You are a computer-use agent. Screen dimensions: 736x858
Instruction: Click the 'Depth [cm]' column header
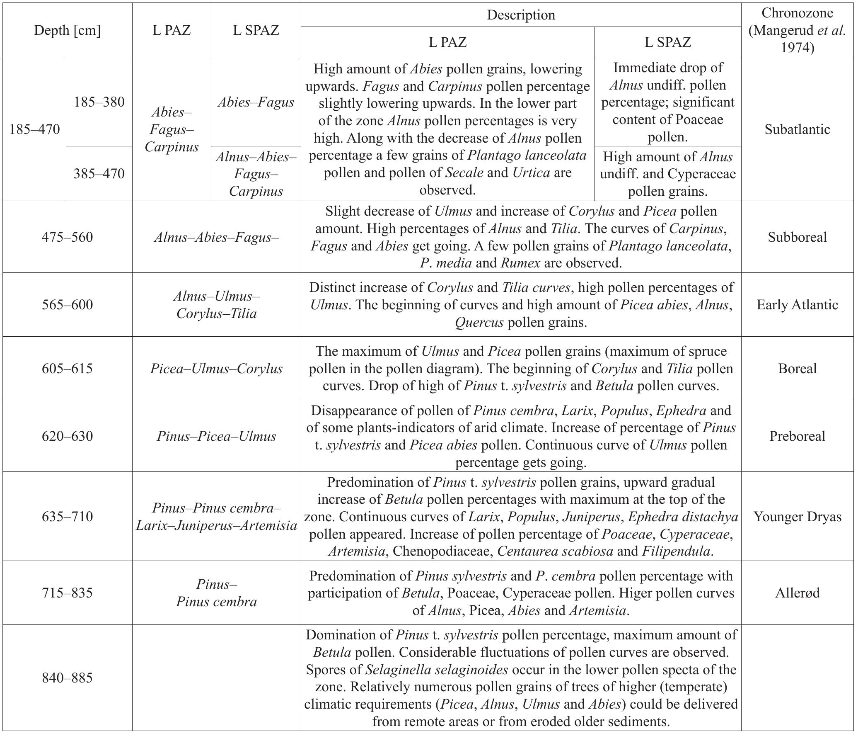[x=67, y=30]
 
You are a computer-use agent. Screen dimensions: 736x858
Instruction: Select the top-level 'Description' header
[x=520, y=15]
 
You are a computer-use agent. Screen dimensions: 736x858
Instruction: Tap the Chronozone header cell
[x=797, y=30]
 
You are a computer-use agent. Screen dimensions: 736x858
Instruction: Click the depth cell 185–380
[x=99, y=102]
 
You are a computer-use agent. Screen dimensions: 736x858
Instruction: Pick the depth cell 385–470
[x=99, y=173]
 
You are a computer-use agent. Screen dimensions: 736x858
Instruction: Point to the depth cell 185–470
[x=34, y=129]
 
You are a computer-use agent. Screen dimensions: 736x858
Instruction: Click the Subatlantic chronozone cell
[x=797, y=129]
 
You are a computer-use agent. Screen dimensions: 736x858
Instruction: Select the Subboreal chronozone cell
[x=797, y=237]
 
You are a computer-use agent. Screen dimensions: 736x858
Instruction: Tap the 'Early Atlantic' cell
[x=797, y=305]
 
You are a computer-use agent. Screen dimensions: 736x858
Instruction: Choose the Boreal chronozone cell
[x=797, y=369]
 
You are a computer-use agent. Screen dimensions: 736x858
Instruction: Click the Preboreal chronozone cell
[x=797, y=436]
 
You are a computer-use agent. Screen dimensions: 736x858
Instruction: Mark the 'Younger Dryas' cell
[x=797, y=517]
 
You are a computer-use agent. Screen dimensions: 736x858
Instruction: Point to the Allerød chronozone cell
[x=797, y=593]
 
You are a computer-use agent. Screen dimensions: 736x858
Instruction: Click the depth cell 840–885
[x=67, y=678]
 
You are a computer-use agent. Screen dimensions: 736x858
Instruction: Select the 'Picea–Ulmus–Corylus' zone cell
[x=216, y=369]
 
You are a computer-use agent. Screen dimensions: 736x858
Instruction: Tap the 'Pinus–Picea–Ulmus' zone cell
[x=216, y=436]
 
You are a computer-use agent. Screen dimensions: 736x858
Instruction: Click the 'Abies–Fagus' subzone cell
[x=256, y=102]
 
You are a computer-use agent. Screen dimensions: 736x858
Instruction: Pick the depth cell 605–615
[x=67, y=369]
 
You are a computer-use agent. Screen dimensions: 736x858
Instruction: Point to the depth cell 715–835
[x=67, y=593]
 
